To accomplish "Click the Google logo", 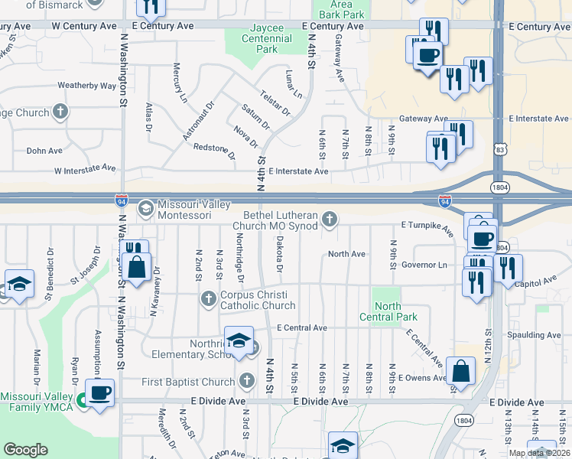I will (x=25, y=450).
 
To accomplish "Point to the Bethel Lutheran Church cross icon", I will (x=330, y=220).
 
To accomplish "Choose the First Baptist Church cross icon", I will (x=246, y=380).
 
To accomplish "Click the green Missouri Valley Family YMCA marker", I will (x=82, y=398).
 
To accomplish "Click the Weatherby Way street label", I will (x=86, y=86).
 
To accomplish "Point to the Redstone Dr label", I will (x=215, y=151).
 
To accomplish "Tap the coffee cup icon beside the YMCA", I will (x=100, y=393).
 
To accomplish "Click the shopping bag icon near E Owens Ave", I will (x=460, y=372).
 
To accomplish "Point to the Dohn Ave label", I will (x=44, y=151).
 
